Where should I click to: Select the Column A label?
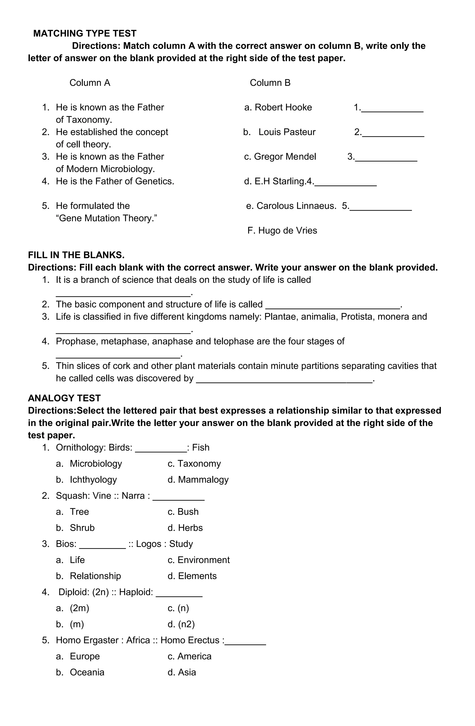[90, 83]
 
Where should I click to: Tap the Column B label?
[270, 83]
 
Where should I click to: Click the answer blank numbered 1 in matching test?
[392, 108]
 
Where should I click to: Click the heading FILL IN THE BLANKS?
[76, 255]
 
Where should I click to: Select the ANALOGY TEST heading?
[64, 398]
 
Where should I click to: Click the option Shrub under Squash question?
[82, 528]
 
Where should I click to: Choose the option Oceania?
[87, 672]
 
